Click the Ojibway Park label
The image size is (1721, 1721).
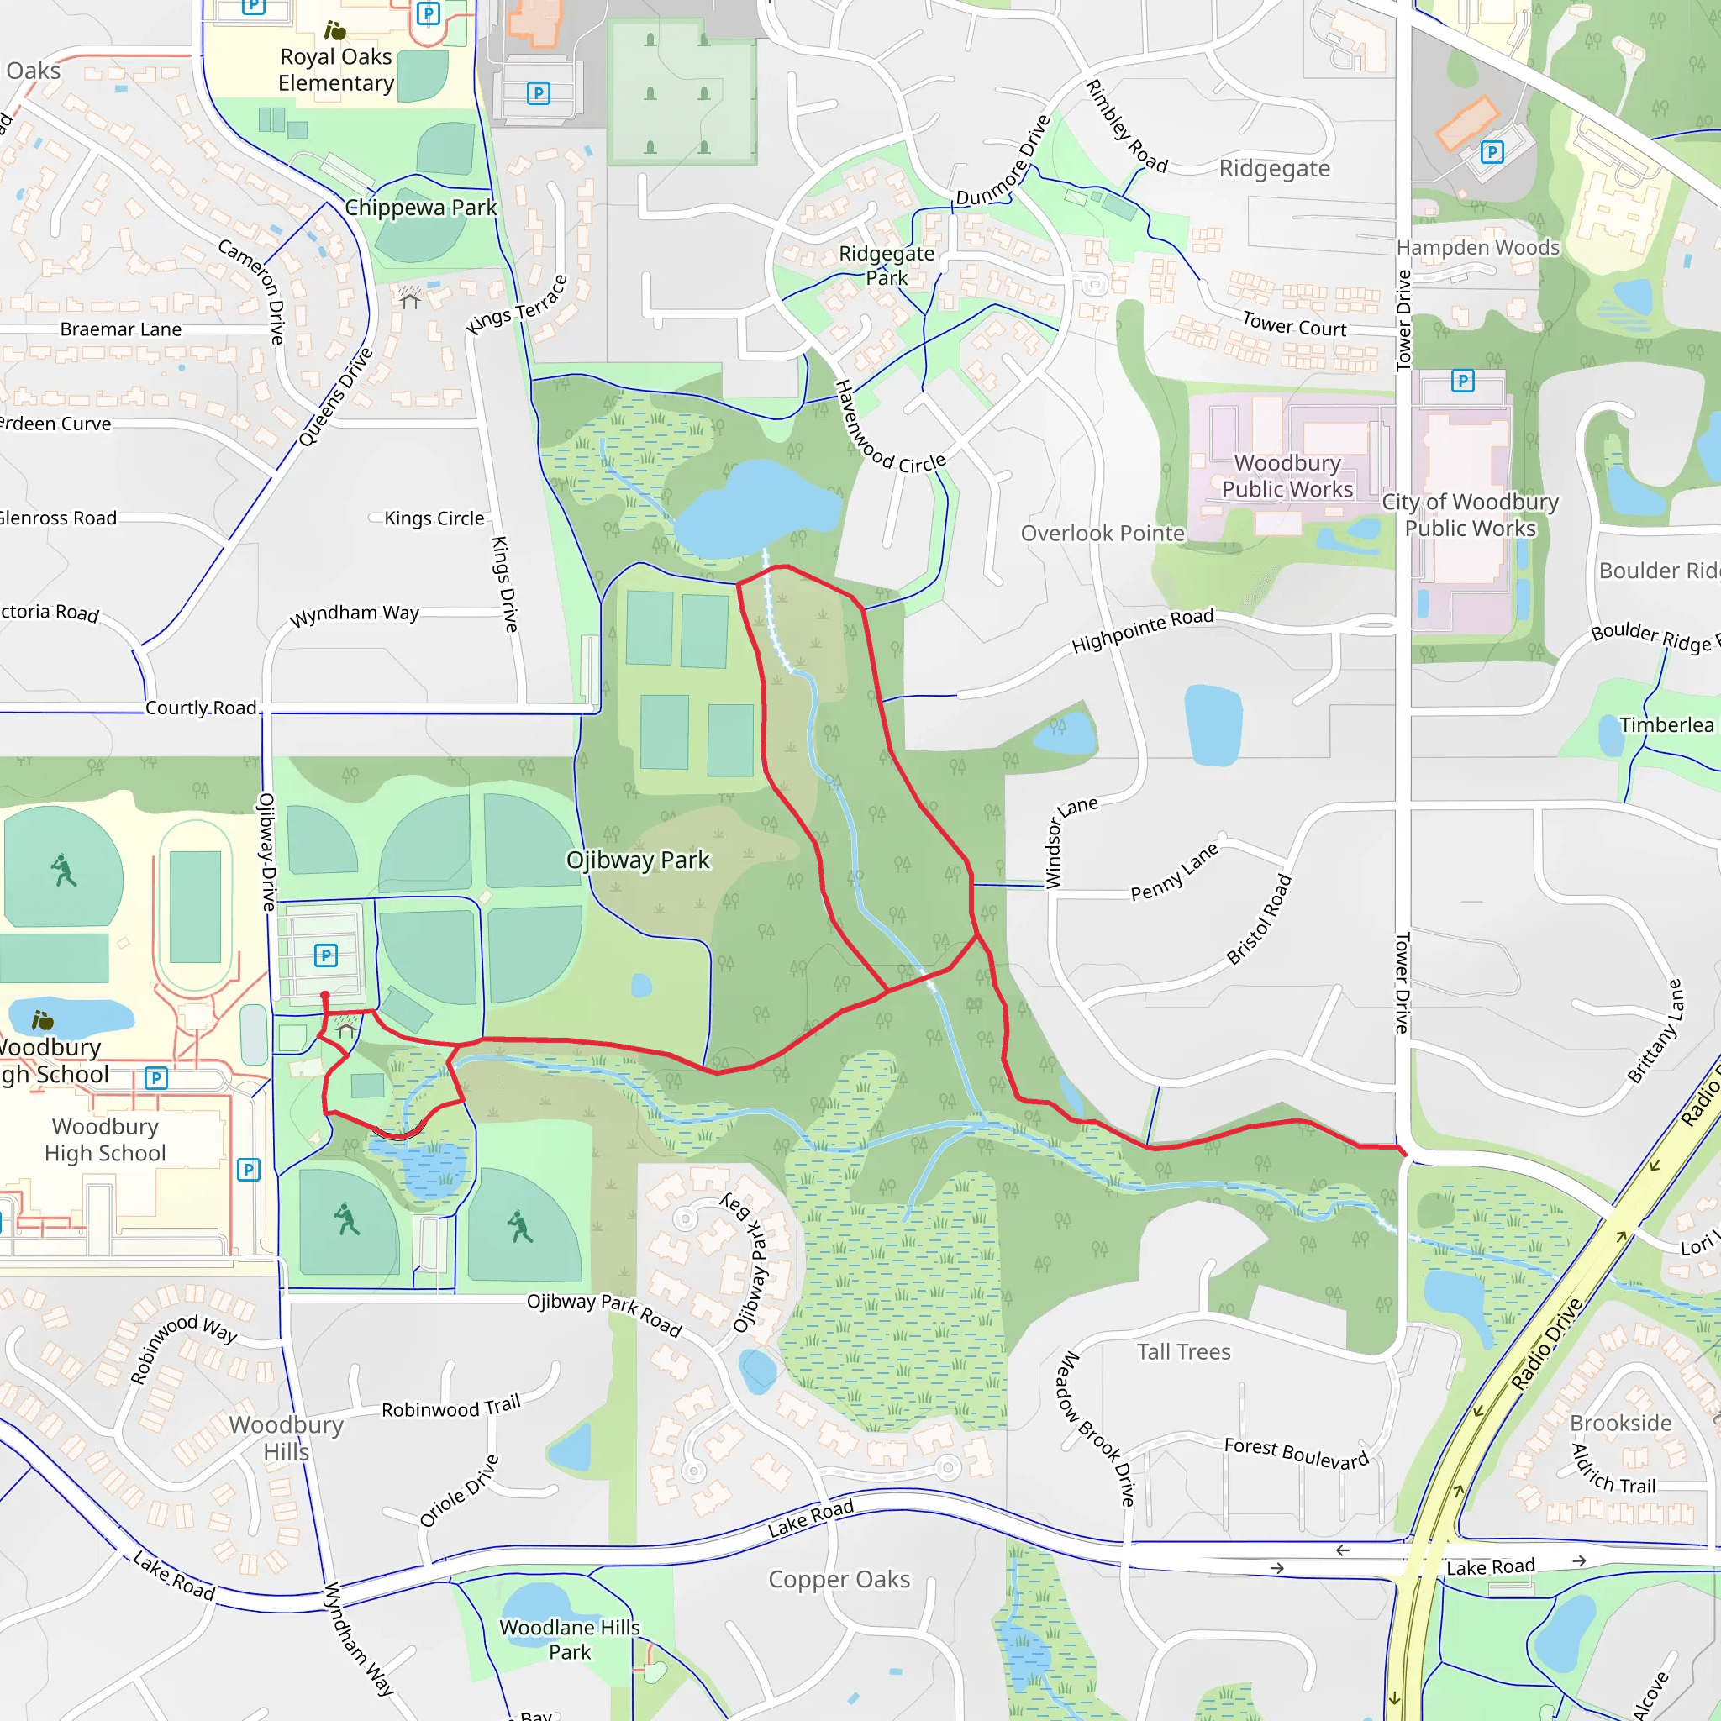(638, 860)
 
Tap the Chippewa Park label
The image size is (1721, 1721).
(420, 208)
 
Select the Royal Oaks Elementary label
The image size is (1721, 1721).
(336, 70)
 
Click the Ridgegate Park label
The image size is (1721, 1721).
(887, 266)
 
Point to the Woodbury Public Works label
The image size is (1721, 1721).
(1287, 476)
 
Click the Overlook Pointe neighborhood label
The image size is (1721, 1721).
(1102, 534)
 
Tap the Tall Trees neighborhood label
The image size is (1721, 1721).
(1183, 1352)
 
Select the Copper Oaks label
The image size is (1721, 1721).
(839, 1579)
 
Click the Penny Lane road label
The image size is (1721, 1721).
(1174, 872)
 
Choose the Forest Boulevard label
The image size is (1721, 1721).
(1295, 1453)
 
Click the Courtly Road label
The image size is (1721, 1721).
(201, 708)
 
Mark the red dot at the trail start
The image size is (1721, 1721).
(325, 996)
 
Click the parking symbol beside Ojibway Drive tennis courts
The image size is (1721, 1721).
(326, 955)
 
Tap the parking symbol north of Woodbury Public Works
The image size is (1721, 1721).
(1463, 382)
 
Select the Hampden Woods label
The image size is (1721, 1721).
(1478, 248)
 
